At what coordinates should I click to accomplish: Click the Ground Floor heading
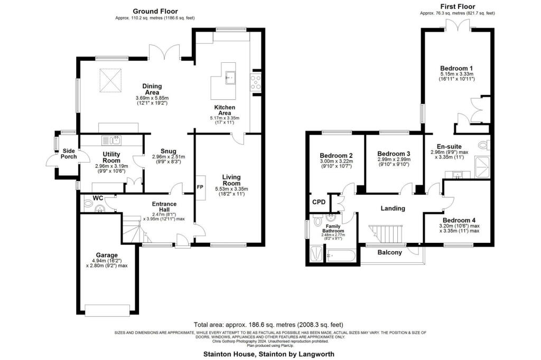[x=155, y=11]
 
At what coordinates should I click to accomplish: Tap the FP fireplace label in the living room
[x=201, y=187]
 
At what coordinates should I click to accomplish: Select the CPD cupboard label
[x=319, y=202]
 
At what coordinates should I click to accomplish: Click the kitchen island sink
[x=230, y=77]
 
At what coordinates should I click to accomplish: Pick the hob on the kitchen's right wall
[x=256, y=82]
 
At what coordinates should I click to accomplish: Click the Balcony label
[x=389, y=252]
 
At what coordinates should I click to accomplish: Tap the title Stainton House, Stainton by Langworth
[x=269, y=354]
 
